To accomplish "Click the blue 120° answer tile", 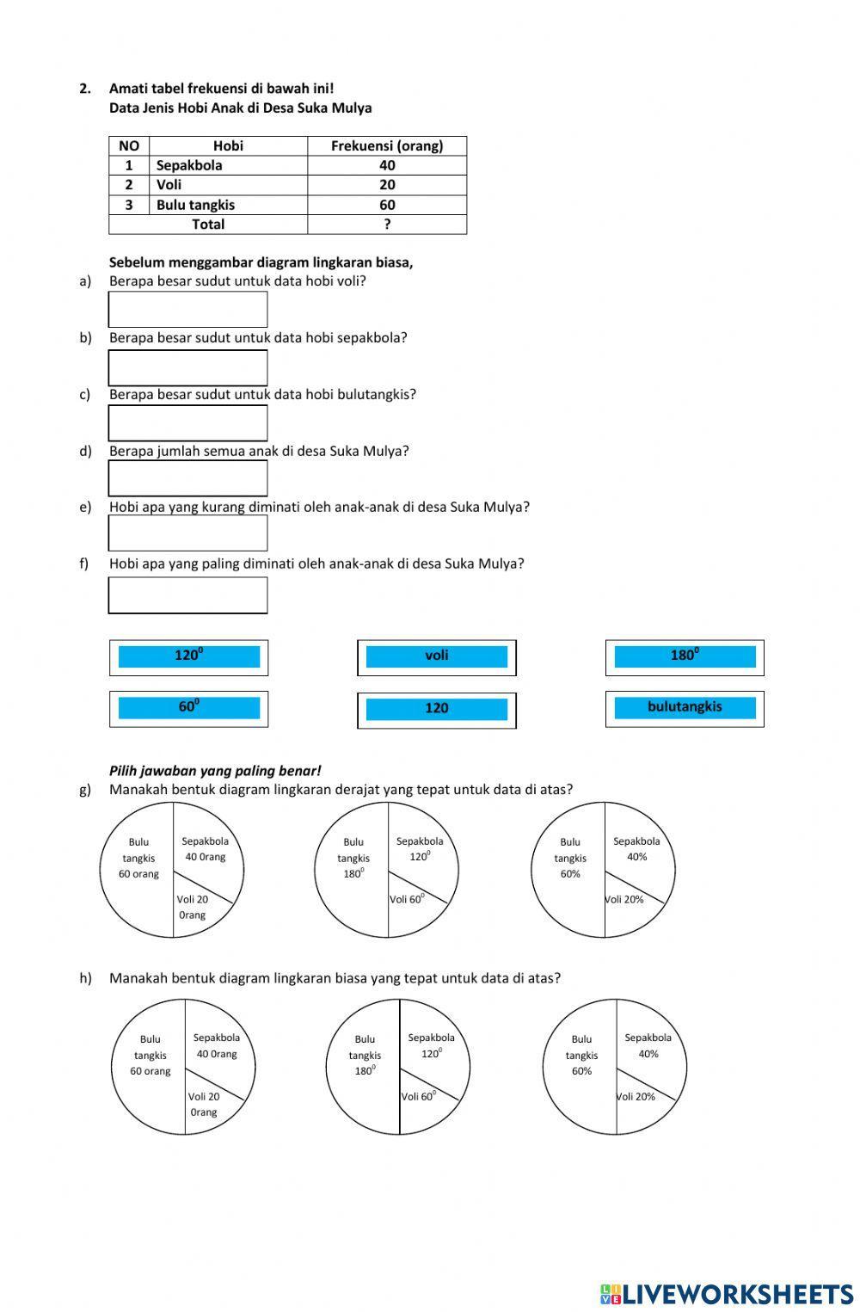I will click(x=188, y=656).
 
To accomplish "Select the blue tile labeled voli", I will click(x=436, y=656).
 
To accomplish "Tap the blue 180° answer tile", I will click(x=685, y=656).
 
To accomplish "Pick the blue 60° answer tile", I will click(x=188, y=708).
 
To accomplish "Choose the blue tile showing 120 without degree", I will click(x=436, y=709).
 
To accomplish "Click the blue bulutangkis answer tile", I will click(x=685, y=707).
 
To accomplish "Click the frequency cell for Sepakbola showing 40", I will click(x=387, y=165).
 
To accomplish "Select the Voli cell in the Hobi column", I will click(x=228, y=185).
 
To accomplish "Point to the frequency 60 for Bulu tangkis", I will click(x=387, y=205).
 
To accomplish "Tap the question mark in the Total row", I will click(x=387, y=225).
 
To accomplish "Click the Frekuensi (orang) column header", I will click(x=387, y=145).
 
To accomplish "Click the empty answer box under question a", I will click(x=187, y=310).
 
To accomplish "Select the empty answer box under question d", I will click(x=187, y=478).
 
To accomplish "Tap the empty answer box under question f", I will click(x=187, y=595).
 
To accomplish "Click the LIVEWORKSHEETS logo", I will click(x=727, y=1293).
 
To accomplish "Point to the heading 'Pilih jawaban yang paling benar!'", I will click(x=215, y=771).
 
